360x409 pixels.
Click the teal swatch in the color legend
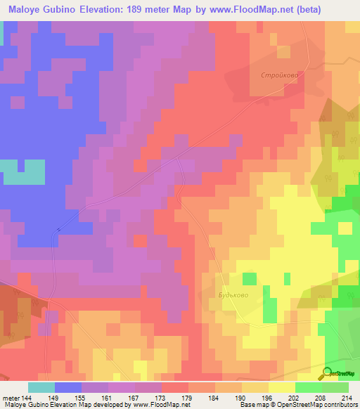click(x=41, y=387)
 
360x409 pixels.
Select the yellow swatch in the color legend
click(x=281, y=387)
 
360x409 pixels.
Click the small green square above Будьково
click(x=250, y=278)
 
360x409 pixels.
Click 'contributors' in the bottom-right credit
click(x=340, y=405)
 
